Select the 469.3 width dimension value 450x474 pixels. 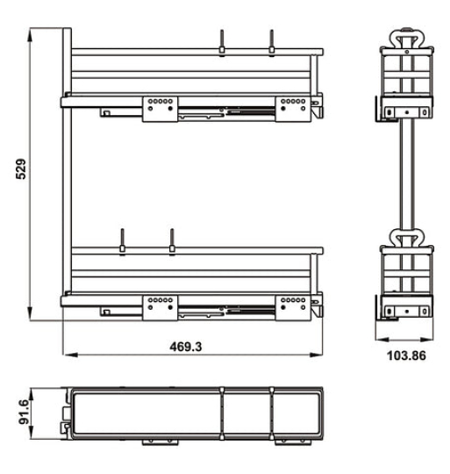185,346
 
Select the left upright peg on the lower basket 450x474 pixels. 123,240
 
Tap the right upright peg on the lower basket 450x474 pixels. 172,240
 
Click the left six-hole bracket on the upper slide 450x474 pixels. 161,104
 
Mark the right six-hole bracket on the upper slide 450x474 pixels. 290,104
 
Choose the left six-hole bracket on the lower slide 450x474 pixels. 161,303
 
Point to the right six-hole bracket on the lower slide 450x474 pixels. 290,303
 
